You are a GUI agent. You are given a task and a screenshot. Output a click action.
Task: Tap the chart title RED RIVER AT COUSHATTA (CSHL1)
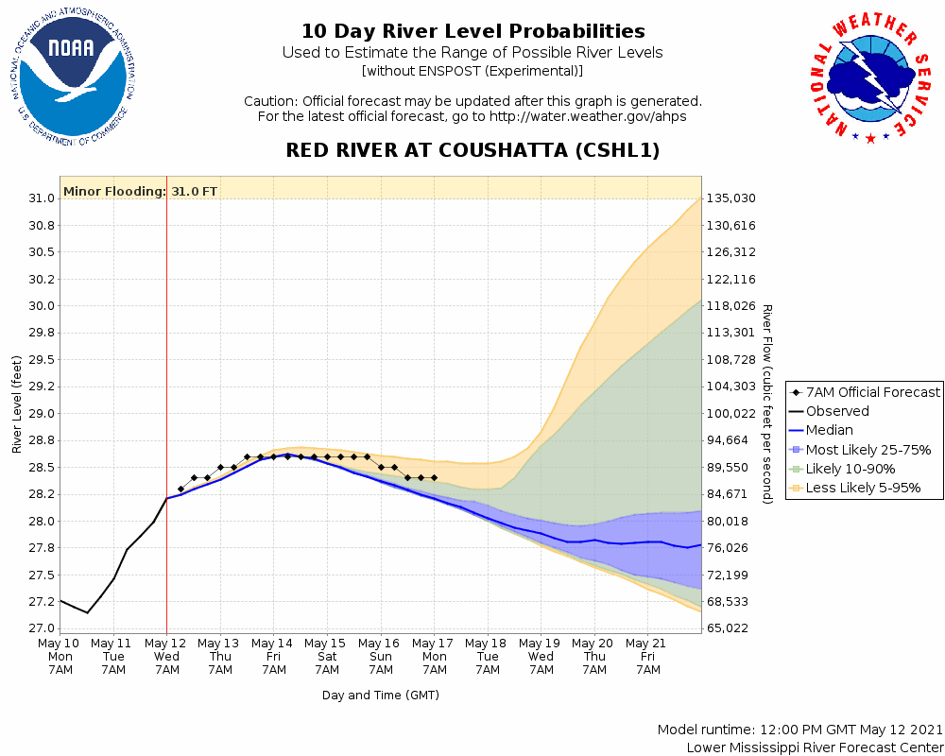click(472, 150)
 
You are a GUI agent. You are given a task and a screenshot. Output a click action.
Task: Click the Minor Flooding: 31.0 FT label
click(140, 192)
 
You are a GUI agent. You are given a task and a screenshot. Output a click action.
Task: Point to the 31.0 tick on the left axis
click(40, 198)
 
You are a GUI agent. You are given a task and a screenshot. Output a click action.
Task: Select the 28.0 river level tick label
click(40, 521)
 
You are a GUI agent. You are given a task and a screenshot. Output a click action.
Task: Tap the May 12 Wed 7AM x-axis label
click(167, 657)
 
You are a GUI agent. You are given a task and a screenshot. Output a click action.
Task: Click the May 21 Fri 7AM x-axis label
click(648, 657)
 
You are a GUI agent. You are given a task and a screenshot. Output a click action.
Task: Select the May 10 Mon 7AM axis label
click(60, 657)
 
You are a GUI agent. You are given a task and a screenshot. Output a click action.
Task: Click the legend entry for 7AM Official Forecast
click(866, 392)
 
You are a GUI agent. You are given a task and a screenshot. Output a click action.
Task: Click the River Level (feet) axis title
click(17, 404)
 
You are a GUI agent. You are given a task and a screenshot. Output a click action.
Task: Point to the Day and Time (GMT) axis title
click(381, 695)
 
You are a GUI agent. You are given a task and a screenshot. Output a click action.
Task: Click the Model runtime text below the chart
click(800, 730)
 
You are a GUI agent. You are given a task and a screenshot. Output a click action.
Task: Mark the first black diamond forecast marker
click(180, 489)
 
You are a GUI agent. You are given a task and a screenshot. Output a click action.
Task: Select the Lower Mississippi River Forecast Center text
click(815, 747)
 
